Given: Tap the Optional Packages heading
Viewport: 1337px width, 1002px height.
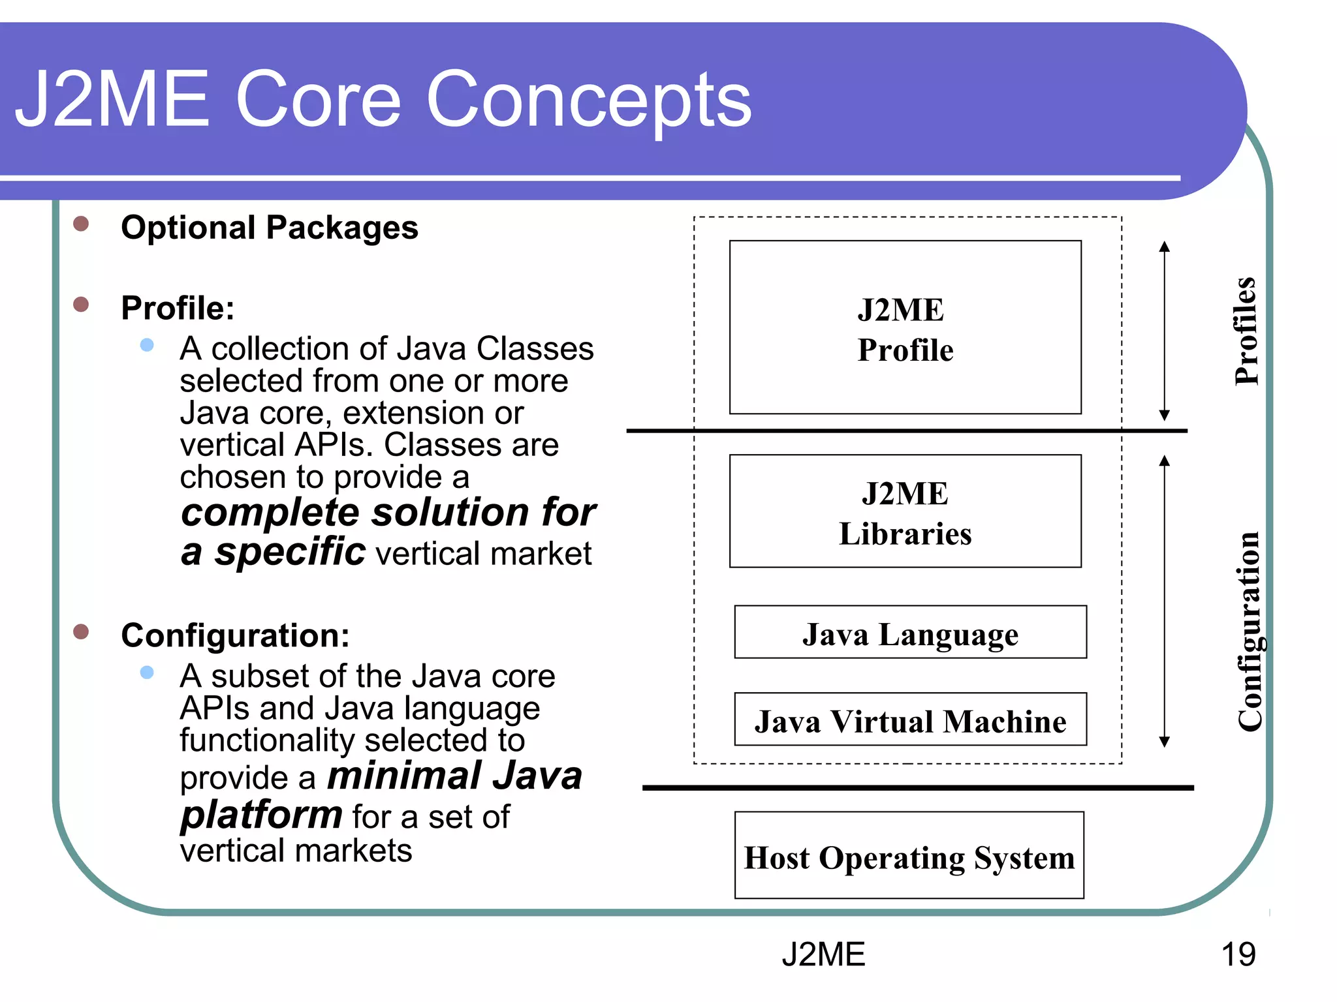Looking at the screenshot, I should [x=269, y=228].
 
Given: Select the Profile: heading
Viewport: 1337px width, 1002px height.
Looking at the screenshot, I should [x=178, y=308].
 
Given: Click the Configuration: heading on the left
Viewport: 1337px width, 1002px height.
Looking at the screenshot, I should [x=235, y=635].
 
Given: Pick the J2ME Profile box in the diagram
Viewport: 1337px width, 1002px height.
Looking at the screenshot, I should [x=905, y=327].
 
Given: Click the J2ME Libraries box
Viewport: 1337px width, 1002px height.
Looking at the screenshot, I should [x=905, y=511].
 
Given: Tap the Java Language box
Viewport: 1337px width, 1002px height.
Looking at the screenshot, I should [x=910, y=633].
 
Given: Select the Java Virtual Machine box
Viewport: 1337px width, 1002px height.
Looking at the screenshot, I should [x=910, y=720].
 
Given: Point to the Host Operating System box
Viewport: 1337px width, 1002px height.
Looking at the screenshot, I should [x=909, y=856].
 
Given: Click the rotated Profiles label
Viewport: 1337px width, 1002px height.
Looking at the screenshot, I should [x=1246, y=331].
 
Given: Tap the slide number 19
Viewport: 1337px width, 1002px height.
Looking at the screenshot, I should [x=1238, y=954].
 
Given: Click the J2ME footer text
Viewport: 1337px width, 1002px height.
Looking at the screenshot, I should [x=823, y=954].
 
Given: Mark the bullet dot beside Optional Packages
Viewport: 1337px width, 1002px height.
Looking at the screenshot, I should [x=81, y=224].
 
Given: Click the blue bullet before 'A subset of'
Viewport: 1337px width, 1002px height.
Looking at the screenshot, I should [x=147, y=672].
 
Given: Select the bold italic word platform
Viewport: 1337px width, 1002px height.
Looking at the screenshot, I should [x=261, y=815].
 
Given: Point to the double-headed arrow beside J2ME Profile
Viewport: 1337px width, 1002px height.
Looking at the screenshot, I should [x=1164, y=331].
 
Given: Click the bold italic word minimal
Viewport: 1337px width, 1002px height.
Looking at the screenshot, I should [x=404, y=776].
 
